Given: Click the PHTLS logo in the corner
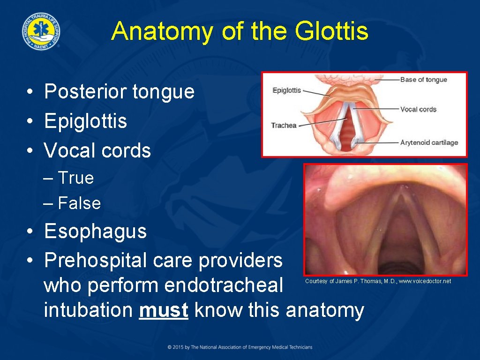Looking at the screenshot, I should [x=40, y=31].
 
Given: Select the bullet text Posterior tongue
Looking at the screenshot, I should [x=119, y=91].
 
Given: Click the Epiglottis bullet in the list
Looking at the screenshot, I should [x=85, y=121].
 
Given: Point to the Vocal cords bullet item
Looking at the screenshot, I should [x=97, y=150].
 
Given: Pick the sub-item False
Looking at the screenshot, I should [x=78, y=203].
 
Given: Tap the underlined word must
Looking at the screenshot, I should [x=163, y=310].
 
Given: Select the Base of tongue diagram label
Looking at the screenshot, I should [x=423, y=80].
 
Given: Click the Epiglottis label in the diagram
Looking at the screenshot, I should [x=286, y=90].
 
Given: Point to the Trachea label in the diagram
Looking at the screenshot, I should [x=284, y=126].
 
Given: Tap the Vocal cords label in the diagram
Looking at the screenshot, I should [x=418, y=109].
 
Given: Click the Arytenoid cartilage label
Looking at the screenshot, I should [x=429, y=142].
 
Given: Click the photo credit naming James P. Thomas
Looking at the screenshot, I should [x=378, y=281].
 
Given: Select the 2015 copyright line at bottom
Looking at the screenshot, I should [x=240, y=347].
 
